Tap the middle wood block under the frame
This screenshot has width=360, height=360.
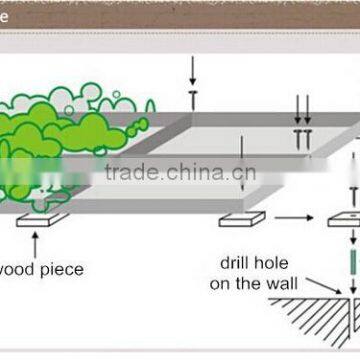point(242,217)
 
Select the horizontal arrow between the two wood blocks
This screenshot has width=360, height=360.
point(294,217)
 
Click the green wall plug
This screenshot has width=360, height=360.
point(352,262)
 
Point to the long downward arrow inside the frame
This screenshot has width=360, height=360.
point(241,160)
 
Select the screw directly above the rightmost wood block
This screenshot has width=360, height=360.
point(352,196)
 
